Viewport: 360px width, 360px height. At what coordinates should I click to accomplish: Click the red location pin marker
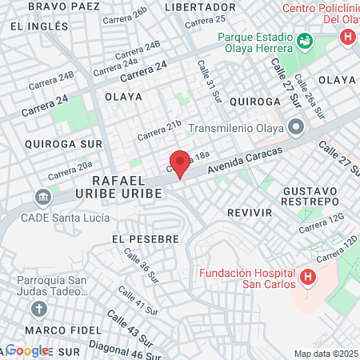click(x=181, y=163)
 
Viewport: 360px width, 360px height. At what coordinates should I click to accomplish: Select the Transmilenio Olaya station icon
click(x=297, y=127)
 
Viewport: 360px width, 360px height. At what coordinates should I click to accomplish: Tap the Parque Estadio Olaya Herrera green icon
click(x=304, y=41)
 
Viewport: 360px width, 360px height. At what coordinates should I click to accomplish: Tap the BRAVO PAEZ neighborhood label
click(x=59, y=6)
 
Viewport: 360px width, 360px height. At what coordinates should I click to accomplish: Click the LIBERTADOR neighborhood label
click(x=200, y=6)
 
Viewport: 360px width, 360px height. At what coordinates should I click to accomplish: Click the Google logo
click(x=26, y=350)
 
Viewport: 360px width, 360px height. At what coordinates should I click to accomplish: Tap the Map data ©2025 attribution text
click(x=326, y=354)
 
